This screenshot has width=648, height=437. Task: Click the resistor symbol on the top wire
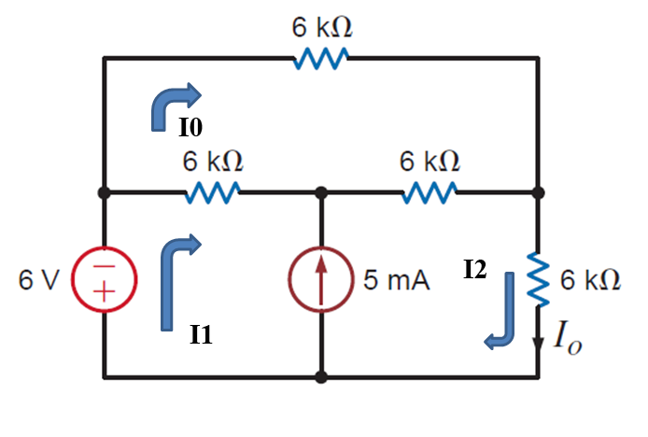pos(321,60)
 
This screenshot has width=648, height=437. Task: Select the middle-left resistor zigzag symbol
pos(214,193)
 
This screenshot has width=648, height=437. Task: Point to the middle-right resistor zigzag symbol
pos(430,193)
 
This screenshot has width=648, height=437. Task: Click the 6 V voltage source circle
pos(104,280)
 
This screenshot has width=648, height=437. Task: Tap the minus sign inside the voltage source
pos(104,267)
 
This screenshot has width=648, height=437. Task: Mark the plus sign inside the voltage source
pos(104,293)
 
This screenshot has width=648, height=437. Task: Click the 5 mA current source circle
pos(321,280)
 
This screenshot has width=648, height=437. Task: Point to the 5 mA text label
pos(396,281)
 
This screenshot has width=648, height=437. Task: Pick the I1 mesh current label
pos(201,334)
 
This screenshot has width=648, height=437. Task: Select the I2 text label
pos(474,271)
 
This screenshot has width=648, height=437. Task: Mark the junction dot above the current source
pos(321,193)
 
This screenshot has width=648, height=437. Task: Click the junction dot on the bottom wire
pos(321,378)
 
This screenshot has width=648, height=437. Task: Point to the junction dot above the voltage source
pos(104,193)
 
